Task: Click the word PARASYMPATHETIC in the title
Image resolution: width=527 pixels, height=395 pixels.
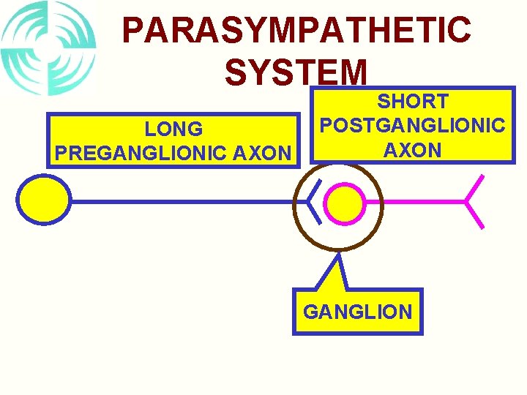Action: (296, 31)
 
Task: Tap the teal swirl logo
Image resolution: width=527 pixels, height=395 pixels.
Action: (48, 48)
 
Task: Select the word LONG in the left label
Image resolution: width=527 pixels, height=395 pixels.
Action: (173, 129)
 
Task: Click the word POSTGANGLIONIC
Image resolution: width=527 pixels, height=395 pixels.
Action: (413, 125)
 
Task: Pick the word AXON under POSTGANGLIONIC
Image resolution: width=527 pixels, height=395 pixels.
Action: (413, 150)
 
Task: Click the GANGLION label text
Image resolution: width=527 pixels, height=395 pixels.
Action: (357, 312)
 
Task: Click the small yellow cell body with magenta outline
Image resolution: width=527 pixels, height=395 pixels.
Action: (344, 201)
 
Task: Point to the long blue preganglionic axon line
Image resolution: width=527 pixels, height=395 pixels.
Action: (183, 201)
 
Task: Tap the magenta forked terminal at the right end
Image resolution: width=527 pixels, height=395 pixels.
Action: (473, 200)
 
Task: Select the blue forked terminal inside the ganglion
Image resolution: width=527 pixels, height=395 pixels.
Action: (313, 201)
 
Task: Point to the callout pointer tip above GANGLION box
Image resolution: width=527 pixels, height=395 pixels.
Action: (338, 256)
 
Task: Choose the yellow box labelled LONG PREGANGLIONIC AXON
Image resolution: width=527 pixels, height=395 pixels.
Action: (173, 140)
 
